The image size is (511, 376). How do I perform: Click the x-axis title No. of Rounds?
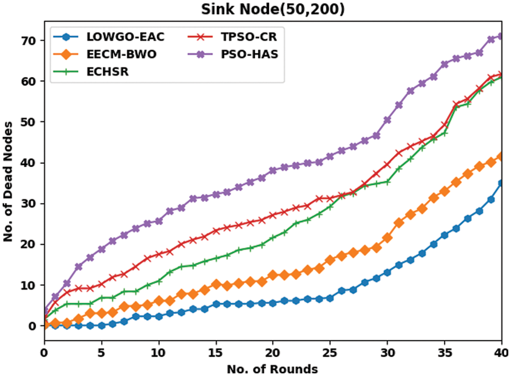click(x=272, y=369)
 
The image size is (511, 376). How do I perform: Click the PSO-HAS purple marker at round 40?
click(x=502, y=36)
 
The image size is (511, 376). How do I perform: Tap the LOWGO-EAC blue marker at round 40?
click(x=502, y=183)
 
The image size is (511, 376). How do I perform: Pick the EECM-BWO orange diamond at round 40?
click(x=502, y=156)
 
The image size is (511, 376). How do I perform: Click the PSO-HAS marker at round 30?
click(x=387, y=120)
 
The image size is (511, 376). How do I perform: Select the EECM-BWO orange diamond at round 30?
click(x=387, y=238)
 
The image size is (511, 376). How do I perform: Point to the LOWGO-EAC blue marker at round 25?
click(x=330, y=298)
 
